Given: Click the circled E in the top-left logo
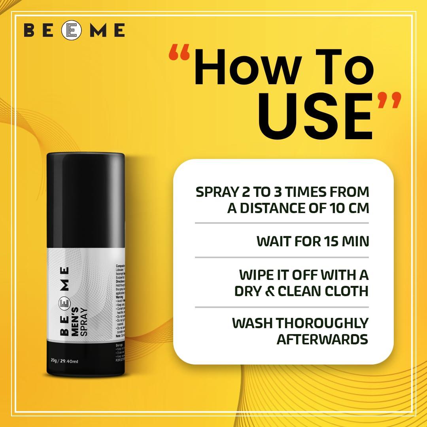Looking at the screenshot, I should coord(73,30).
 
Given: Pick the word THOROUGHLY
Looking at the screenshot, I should coord(322,323).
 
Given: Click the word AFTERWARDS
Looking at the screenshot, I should coord(322,339).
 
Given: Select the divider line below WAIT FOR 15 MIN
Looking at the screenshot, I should coord(282,257).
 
